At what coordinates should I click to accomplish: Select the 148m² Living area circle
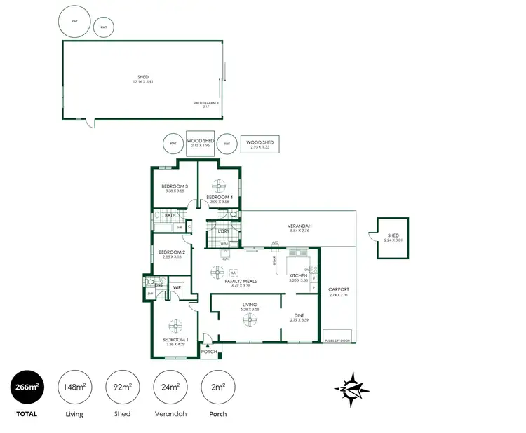[74, 387]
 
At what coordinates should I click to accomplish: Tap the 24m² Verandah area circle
[169, 387]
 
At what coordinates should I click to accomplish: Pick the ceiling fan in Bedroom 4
[220, 185]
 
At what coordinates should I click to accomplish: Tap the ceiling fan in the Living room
[250, 319]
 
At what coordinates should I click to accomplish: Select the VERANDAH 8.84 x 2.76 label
[299, 228]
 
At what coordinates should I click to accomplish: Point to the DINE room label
[299, 317]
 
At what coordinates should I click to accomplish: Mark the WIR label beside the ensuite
[177, 287]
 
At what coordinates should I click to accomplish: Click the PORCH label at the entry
[208, 351]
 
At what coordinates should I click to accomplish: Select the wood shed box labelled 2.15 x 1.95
[199, 143]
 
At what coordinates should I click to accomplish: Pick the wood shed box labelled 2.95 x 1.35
[259, 145]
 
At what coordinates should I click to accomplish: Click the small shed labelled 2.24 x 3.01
[393, 238]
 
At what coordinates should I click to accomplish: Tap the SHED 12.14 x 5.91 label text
[143, 79]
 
